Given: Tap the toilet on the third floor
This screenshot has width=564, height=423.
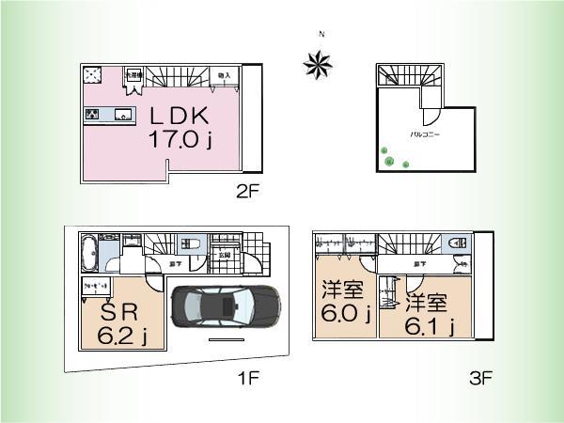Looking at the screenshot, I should [x=459, y=243].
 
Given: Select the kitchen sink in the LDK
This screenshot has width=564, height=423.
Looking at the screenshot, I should [x=122, y=116].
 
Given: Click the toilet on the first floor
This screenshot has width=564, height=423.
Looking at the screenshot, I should [x=195, y=243].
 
